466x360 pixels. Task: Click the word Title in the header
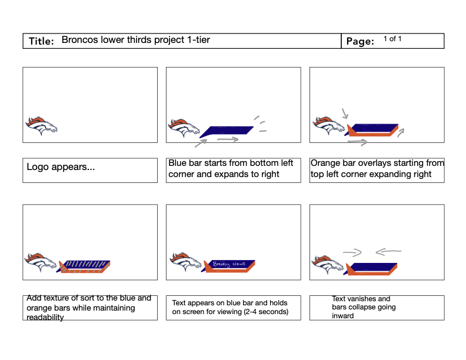pos(41,41)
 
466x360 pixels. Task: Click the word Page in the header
pos(360,42)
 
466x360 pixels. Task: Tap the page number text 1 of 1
pos(392,39)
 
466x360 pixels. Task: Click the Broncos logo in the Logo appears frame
pos(41,125)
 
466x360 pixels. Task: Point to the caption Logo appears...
pos(61,167)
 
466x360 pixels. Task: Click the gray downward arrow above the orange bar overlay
pos(345,112)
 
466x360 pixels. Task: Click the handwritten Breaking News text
pos(229,265)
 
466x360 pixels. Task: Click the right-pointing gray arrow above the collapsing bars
pos(352,253)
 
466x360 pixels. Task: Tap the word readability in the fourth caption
pos(45,318)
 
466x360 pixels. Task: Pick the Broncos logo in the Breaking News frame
pos(186,262)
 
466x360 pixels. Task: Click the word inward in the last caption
pos(343,316)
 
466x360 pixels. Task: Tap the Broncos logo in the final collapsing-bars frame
pos(328,264)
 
